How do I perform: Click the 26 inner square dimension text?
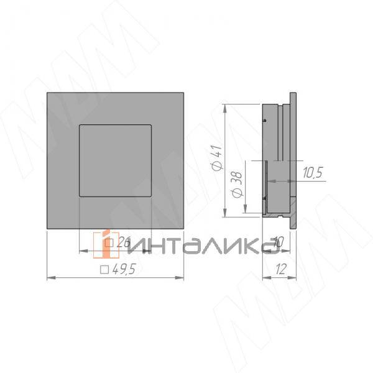[122, 243]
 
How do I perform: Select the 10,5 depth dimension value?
[313, 173]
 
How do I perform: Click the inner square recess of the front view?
[116, 160]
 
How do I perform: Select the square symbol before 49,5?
[104, 270]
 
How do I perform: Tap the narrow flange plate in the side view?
[292, 160]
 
